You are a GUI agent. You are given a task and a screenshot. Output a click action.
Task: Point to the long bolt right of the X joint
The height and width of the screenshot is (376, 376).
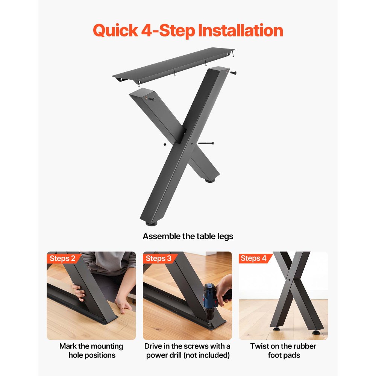[206, 143]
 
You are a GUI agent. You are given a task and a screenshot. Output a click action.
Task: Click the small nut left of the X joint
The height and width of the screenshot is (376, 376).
[165, 144]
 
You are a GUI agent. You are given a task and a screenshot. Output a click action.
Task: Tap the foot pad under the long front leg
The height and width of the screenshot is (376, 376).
[152, 223]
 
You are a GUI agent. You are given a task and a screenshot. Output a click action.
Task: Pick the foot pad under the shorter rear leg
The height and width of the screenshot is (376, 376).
[210, 180]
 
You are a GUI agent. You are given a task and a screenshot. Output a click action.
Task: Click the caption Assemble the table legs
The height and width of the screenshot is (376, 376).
[188, 237]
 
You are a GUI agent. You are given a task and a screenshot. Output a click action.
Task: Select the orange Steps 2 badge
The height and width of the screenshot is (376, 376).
[63, 258]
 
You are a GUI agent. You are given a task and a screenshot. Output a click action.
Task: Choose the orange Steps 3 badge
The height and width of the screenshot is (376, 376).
[159, 258]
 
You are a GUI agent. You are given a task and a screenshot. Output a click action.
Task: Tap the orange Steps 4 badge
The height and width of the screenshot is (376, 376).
[254, 258]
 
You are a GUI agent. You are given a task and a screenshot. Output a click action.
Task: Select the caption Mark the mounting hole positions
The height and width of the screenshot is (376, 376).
[91, 350]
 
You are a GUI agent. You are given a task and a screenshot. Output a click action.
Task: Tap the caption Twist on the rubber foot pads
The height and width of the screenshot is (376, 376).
[284, 350]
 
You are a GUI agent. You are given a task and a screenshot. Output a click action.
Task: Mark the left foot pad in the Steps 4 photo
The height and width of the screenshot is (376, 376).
[276, 328]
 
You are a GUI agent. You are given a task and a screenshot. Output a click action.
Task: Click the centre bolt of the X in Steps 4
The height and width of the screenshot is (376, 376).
[289, 280]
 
